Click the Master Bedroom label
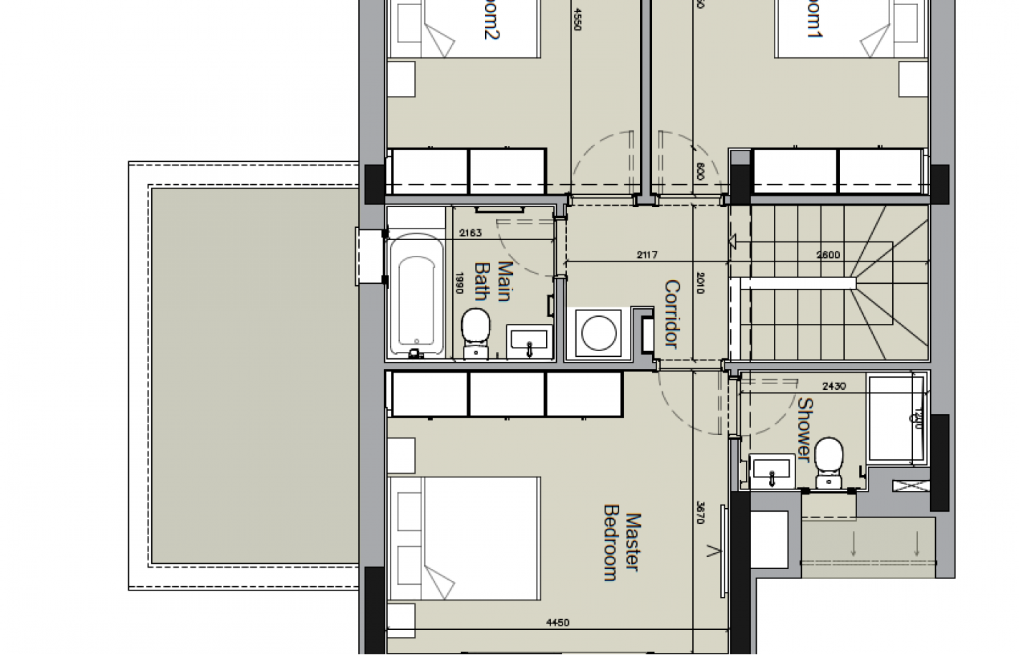click(x=621, y=546)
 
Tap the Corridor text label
click(x=671, y=314)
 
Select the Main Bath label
click(x=494, y=281)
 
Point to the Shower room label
click(x=805, y=430)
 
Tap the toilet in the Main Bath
click(x=475, y=332)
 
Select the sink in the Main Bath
click(x=530, y=341)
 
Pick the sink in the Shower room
click(x=772, y=472)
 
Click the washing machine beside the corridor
click(x=598, y=334)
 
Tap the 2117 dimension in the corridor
click(x=646, y=254)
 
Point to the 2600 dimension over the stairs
click(x=828, y=254)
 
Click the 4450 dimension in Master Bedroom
click(x=558, y=623)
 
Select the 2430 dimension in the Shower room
click(x=833, y=386)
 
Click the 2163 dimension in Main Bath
click(x=470, y=232)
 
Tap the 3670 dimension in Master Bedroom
click(x=700, y=511)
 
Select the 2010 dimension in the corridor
click(x=700, y=282)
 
